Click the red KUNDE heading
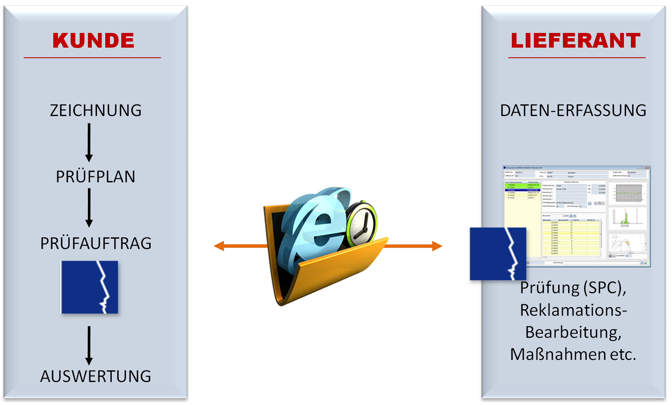point(93,40)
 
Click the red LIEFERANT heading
point(576,40)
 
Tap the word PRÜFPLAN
point(95,177)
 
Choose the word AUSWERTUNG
point(95,376)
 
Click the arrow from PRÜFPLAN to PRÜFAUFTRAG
point(89,207)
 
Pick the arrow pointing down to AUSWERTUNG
point(89,345)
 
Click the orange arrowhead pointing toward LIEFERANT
point(437,246)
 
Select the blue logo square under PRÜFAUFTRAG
point(89,287)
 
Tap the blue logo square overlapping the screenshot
point(498,254)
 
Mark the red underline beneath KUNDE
point(92,58)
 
